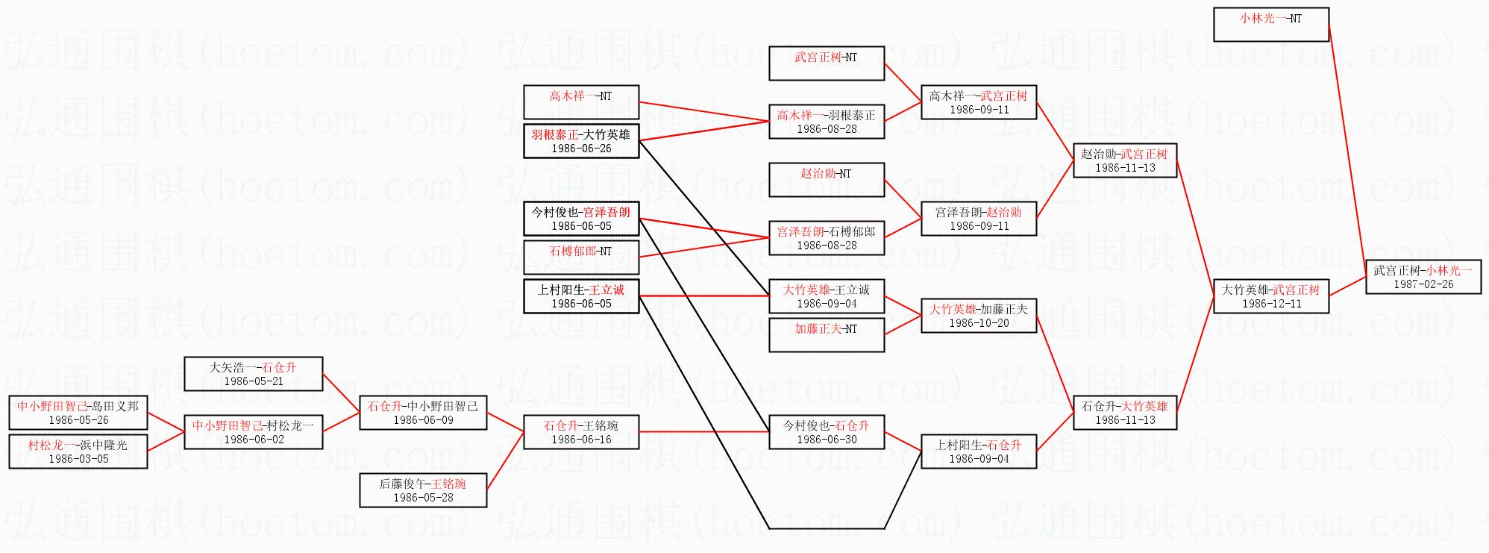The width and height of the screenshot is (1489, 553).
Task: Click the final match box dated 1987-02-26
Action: [1423, 277]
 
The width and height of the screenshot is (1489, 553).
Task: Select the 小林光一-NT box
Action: [1271, 25]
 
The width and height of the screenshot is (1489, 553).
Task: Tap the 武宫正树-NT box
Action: [827, 63]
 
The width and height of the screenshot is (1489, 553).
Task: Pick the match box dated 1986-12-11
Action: [1271, 296]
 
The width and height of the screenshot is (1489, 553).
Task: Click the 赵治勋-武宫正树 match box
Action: [1125, 160]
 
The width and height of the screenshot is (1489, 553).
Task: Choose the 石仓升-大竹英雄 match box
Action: [1125, 413]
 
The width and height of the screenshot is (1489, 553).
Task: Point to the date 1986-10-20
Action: [979, 323]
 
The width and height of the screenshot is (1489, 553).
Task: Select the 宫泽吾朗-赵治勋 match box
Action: [979, 219]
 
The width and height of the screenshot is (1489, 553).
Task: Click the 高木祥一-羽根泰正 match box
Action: [827, 122]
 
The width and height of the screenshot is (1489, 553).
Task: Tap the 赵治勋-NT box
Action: [827, 180]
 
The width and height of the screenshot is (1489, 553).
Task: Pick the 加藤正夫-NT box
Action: [827, 335]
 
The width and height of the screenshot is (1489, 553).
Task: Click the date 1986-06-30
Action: [827, 440]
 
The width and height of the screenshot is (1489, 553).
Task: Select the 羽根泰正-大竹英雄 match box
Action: [581, 141]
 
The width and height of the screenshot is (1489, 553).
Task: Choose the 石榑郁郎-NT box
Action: [581, 257]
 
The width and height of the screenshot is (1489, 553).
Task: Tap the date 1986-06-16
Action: [581, 440]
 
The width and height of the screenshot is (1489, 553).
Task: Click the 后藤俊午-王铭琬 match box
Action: [423, 490]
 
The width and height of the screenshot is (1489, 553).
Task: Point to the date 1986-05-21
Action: [254, 381]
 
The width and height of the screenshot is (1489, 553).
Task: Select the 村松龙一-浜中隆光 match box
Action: [78, 452]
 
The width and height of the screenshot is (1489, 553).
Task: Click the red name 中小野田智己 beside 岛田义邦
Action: [52, 407]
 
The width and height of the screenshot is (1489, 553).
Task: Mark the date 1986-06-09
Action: [423, 420]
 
